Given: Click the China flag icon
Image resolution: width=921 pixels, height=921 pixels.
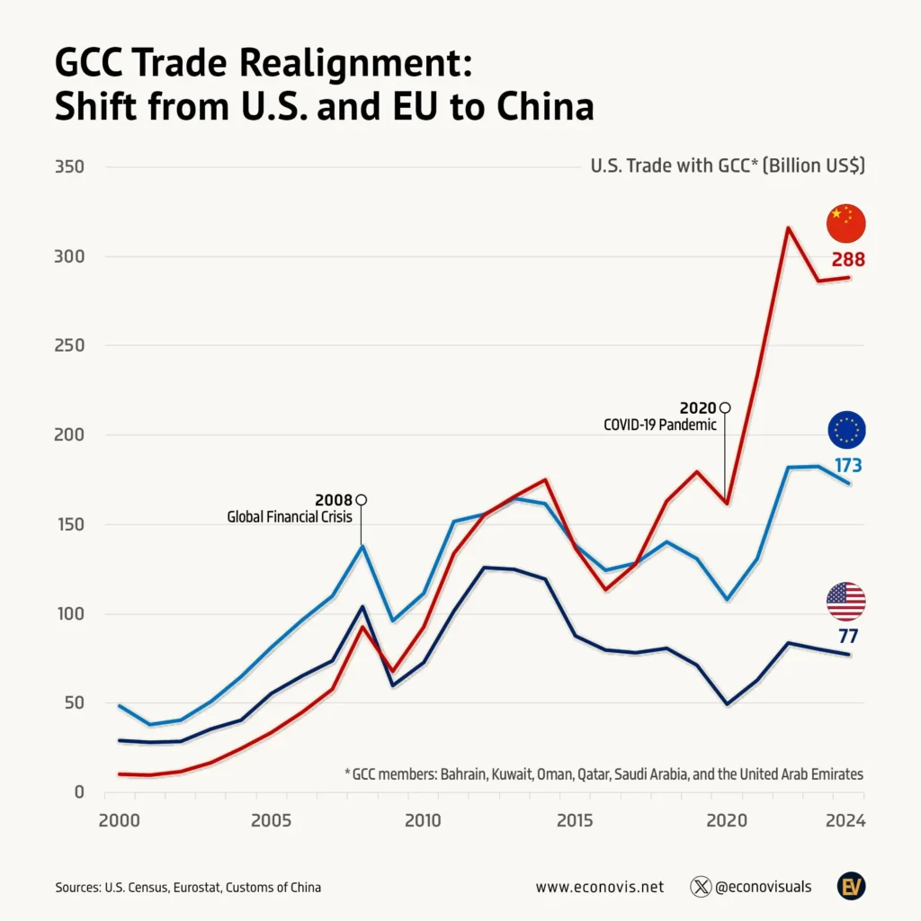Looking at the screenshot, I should pyautogui.click(x=846, y=224).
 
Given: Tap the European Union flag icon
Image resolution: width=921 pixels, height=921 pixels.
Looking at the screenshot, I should pyautogui.click(x=846, y=430).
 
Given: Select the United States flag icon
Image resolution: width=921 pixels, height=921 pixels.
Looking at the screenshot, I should pyautogui.click(x=846, y=602).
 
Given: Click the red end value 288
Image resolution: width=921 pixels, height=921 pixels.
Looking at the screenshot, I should pyautogui.click(x=846, y=260).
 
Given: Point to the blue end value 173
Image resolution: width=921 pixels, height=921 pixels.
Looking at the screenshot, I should pyautogui.click(x=846, y=466).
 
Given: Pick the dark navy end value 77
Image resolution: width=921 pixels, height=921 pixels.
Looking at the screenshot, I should pyautogui.click(x=847, y=637).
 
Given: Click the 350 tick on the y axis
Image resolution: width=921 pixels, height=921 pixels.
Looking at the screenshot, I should pyautogui.click(x=70, y=167).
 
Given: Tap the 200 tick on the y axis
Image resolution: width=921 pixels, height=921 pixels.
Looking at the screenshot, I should pyautogui.click(x=70, y=435).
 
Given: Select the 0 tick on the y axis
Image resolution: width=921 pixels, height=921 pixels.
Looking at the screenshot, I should pyautogui.click(x=79, y=792).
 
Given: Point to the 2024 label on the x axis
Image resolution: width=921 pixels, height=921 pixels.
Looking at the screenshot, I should pyautogui.click(x=845, y=820).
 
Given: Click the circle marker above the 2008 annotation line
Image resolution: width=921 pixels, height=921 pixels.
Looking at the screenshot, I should pyautogui.click(x=362, y=500).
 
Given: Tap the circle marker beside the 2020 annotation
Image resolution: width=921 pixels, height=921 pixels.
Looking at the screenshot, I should pyautogui.click(x=725, y=408).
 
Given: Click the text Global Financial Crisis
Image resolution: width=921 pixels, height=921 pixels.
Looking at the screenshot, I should pyautogui.click(x=290, y=517).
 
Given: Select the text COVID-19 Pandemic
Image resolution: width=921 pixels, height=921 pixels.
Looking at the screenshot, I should pyautogui.click(x=660, y=425).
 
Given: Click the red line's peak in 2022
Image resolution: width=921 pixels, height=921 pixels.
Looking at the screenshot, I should pyautogui.click(x=788, y=228).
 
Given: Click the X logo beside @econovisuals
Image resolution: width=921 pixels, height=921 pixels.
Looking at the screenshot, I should pyautogui.click(x=701, y=887).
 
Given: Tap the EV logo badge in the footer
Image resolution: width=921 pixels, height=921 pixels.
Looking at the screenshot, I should pyautogui.click(x=850, y=886).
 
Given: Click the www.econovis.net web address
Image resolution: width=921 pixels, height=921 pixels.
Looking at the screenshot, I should pyautogui.click(x=599, y=887).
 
